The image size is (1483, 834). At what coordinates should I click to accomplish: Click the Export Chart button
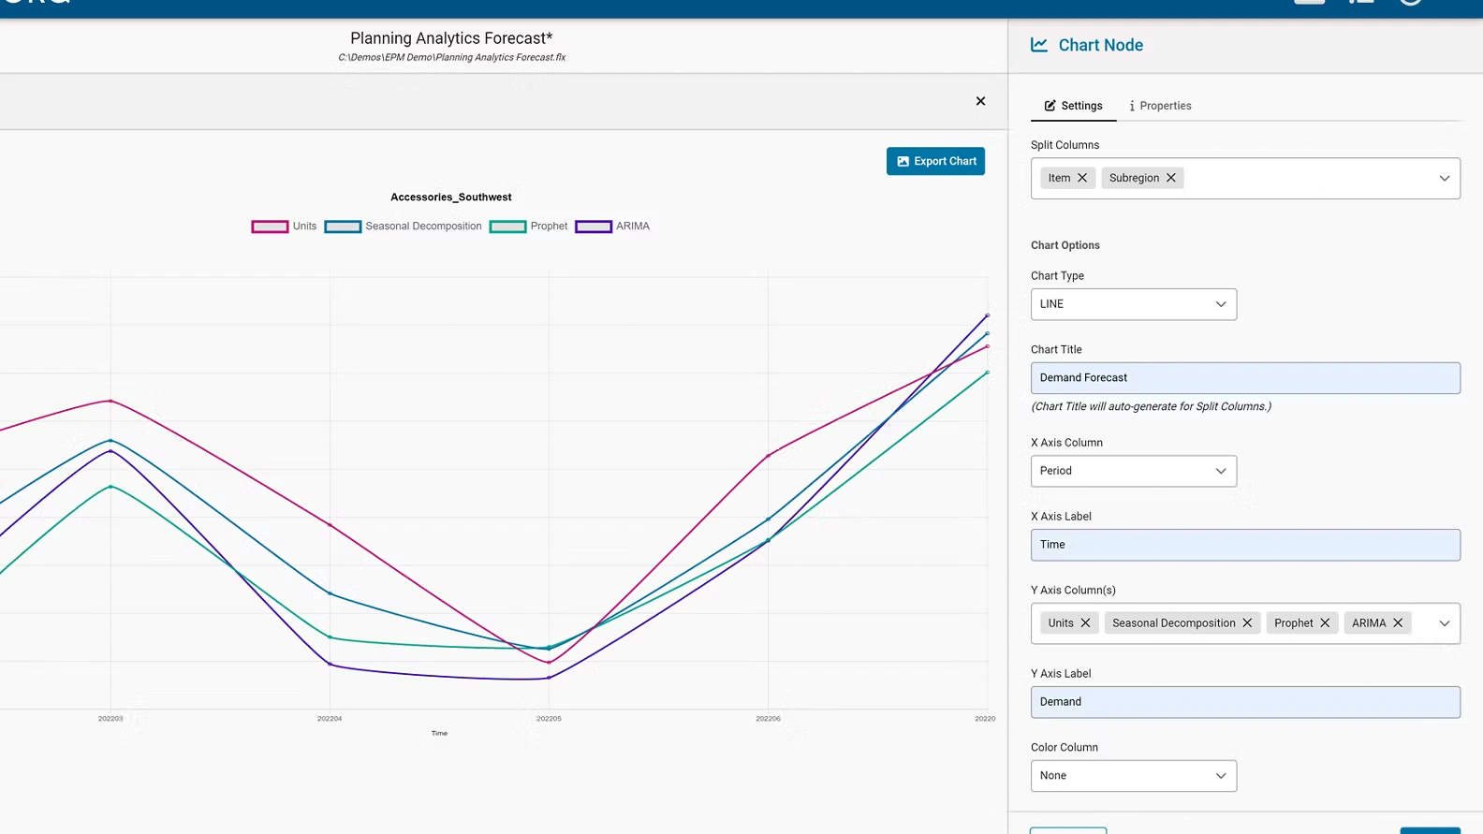click(935, 161)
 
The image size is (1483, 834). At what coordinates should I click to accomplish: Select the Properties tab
click(1160, 106)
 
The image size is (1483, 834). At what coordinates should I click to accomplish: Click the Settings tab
click(1073, 106)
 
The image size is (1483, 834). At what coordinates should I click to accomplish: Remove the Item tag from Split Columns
click(1082, 178)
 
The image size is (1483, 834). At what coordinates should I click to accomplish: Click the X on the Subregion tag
click(1170, 178)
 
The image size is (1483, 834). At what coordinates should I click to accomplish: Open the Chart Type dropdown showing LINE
click(1133, 304)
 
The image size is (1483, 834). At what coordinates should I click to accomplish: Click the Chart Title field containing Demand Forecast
click(1244, 378)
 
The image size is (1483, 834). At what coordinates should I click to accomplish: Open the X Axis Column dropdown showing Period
click(1133, 471)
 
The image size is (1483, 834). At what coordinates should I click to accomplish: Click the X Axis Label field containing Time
click(1244, 545)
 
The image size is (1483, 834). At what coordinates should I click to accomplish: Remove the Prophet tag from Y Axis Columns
click(1325, 623)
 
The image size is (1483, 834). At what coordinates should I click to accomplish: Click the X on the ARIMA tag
click(1398, 623)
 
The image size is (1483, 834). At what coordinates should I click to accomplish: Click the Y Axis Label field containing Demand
click(1244, 702)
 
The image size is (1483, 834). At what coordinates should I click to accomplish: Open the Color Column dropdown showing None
click(1133, 776)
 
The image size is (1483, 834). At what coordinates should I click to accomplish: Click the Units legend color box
click(270, 227)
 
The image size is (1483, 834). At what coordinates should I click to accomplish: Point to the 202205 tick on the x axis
click(549, 719)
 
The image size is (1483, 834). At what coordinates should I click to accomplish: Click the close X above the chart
click(980, 101)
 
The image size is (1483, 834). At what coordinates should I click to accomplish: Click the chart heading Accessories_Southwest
click(450, 198)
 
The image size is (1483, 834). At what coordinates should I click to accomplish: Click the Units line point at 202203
click(110, 401)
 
